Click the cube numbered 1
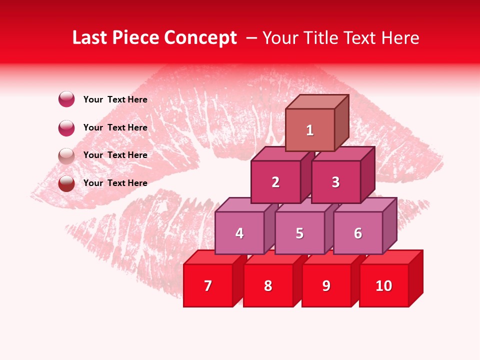click(310, 130)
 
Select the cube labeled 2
click(275, 182)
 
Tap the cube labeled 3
click(335, 182)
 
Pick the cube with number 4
click(239, 233)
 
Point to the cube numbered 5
click(299, 233)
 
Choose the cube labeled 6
click(358, 233)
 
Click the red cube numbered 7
click(208, 285)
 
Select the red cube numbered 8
click(268, 285)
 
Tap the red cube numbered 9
click(326, 285)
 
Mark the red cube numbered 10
click(384, 285)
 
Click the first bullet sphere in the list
click(66, 99)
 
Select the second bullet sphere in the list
click(66, 127)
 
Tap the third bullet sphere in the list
click(66, 155)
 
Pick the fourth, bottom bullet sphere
click(66, 183)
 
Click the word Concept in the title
click(200, 38)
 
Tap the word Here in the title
click(400, 38)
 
